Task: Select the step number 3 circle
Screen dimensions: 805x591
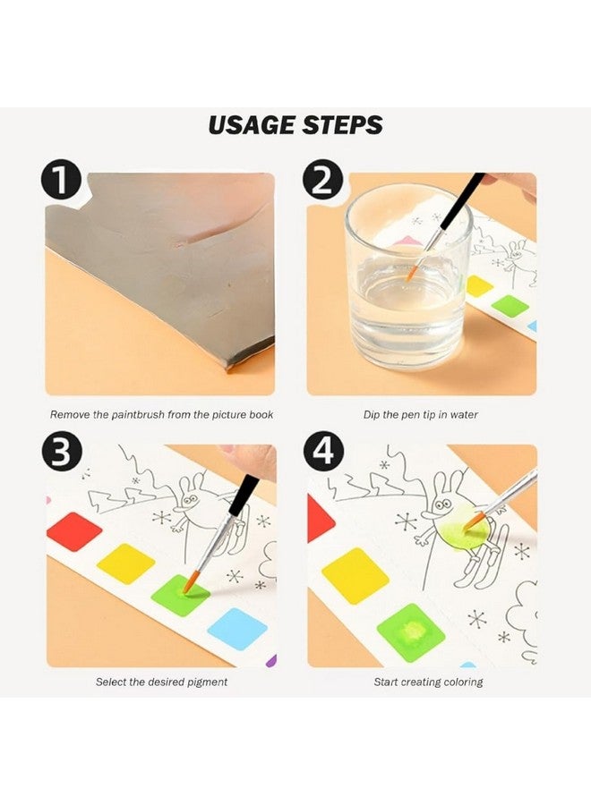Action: point(61,453)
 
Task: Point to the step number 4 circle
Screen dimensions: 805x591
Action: point(323,453)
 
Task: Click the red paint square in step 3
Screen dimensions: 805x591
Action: point(73,531)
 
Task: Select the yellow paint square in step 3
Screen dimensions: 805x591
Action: point(125,563)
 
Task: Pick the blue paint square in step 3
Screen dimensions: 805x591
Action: point(237,628)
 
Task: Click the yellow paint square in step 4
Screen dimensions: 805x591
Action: point(355,574)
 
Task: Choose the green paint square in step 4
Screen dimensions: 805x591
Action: point(411,631)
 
